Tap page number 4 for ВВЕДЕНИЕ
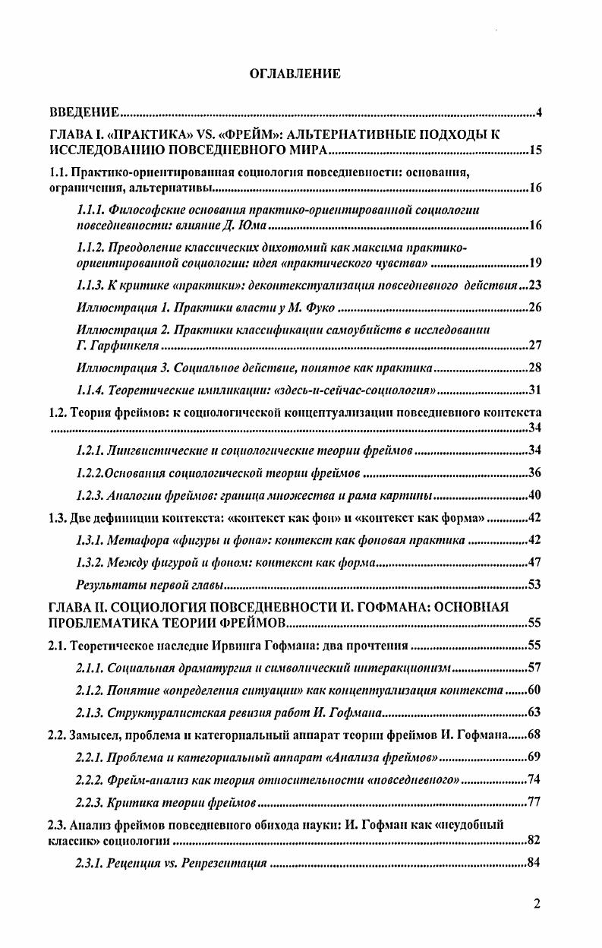(538, 113)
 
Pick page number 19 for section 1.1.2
(534, 264)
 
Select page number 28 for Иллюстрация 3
(534, 368)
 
